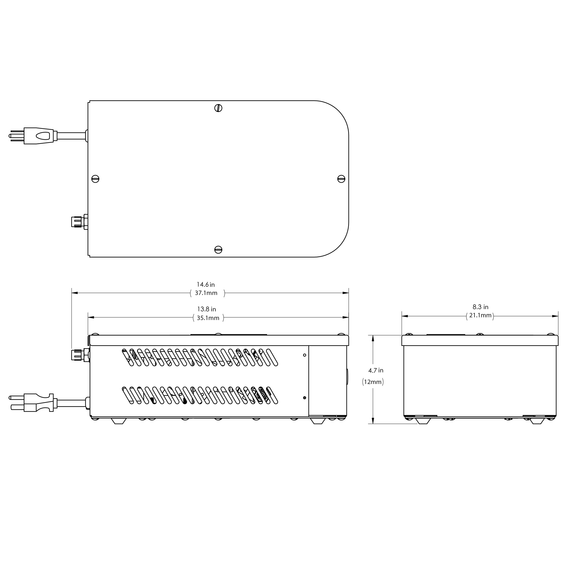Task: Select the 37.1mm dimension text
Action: click(x=206, y=293)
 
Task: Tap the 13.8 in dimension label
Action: click(x=206, y=309)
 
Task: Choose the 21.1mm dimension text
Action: click(x=480, y=315)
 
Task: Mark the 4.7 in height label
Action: click(x=376, y=370)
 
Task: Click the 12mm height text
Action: click(x=373, y=382)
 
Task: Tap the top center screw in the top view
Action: click(x=218, y=108)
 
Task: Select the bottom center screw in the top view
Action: click(x=218, y=249)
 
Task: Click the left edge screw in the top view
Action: click(x=95, y=179)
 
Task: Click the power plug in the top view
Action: click(x=35, y=136)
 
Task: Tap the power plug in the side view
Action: click(x=35, y=403)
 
